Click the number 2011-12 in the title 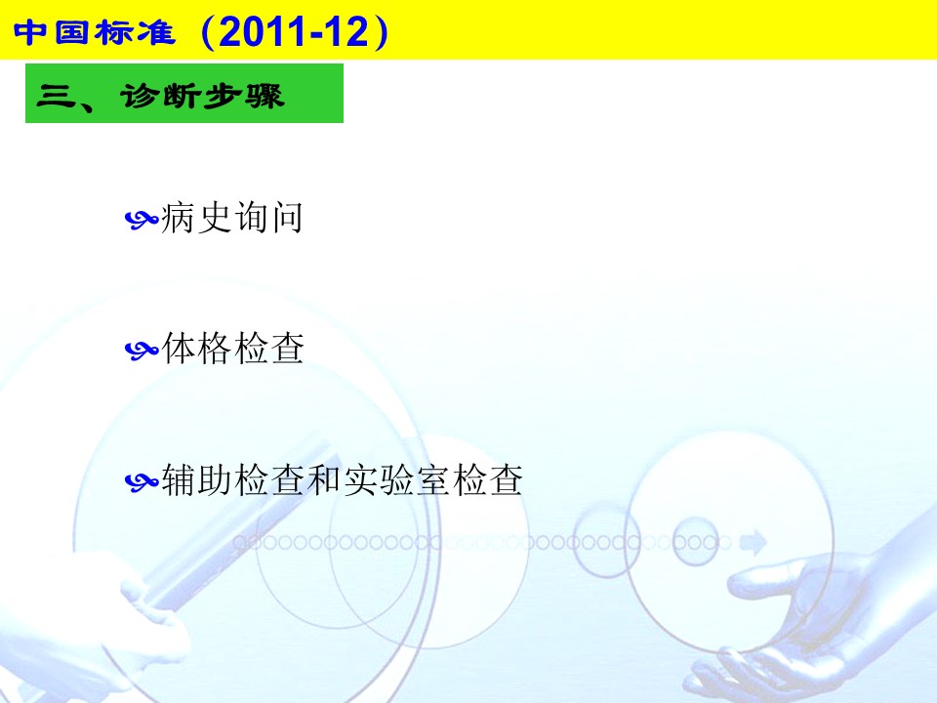click(294, 31)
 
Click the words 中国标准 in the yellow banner click(95, 32)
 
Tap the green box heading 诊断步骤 click(184, 94)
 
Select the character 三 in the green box click(56, 96)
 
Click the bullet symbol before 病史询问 click(142, 220)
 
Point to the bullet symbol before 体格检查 click(142, 350)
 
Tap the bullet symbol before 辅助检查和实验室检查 click(142, 481)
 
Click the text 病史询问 click(232, 217)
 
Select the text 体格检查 click(232, 348)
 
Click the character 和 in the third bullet click(323, 479)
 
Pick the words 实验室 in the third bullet click(395, 479)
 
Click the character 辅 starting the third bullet click(178, 479)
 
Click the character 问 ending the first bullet click(287, 217)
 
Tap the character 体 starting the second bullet click(178, 348)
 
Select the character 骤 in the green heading click(264, 96)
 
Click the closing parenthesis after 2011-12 click(380, 32)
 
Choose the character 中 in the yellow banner click(30, 32)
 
